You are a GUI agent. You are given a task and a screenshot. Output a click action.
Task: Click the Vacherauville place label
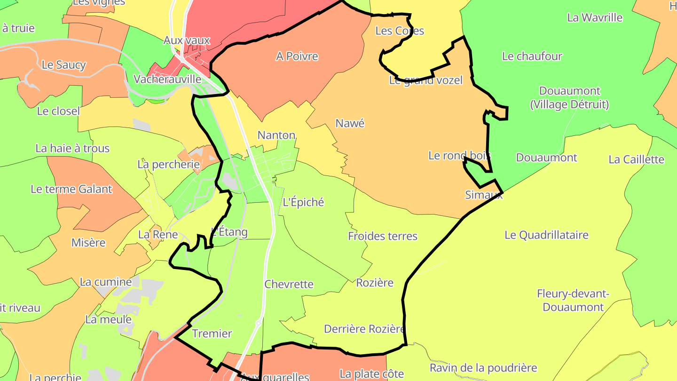pos(167,79)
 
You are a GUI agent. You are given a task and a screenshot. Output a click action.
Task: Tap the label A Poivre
pos(297,56)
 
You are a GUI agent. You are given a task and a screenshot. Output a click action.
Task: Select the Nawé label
pos(350,123)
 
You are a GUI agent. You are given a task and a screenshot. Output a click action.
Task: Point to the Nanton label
pos(276,135)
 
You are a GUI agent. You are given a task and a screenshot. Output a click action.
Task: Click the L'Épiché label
pos(303,202)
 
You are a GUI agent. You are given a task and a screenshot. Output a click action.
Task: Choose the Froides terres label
pos(383,236)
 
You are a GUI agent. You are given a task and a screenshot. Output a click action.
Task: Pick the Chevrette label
pos(289,284)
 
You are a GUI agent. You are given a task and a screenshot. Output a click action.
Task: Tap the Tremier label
pos(212,333)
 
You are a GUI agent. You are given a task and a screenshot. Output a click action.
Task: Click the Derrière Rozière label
pos(364,329)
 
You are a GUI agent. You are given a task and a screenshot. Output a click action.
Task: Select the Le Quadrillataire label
pos(546,235)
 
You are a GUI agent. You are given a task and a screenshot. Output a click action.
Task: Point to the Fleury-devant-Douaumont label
pos(573,301)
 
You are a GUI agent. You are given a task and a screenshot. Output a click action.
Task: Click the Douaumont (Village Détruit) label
pos(570,97)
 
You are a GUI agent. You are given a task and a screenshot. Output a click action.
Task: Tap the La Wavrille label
pos(595,18)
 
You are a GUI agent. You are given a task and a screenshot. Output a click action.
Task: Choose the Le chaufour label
pos(532,56)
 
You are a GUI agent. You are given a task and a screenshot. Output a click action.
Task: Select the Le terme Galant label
pos(71,189)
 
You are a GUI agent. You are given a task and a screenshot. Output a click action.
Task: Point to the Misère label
pos(88,243)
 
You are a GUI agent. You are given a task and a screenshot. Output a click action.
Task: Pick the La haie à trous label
pos(72,149)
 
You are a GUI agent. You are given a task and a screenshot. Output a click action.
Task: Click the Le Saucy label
pos(64,65)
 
